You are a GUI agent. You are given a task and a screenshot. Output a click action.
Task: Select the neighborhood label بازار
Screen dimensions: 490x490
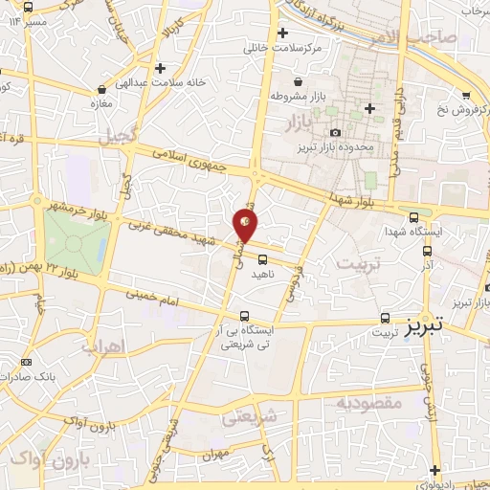[300, 122]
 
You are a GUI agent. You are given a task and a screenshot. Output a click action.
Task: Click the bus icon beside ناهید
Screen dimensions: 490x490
[262, 258]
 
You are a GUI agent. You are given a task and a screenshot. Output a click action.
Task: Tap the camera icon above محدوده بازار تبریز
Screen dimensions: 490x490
[335, 133]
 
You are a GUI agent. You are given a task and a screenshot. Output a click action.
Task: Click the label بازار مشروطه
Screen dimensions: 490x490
[300, 96]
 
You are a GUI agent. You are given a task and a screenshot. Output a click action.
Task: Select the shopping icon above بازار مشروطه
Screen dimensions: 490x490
[300, 81]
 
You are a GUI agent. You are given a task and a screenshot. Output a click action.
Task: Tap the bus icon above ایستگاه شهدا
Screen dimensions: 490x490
[413, 216]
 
